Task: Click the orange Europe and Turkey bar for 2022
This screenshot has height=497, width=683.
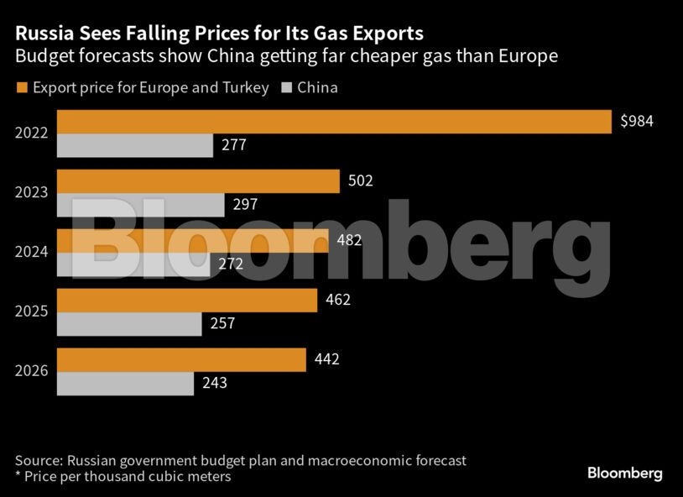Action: [334, 122]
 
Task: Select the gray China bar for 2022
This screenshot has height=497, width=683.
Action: [135, 145]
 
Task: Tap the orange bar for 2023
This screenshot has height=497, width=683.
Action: [198, 181]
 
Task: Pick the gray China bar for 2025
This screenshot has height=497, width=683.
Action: [129, 324]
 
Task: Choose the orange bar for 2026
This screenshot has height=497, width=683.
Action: [181, 360]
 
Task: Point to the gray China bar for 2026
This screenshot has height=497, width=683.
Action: [126, 385]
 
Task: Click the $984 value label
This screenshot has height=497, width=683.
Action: [637, 121]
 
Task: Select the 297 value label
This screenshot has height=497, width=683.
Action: [245, 205]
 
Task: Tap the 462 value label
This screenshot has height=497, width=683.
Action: [338, 300]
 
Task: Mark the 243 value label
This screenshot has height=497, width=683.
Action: [215, 383]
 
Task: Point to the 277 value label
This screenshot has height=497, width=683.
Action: [234, 144]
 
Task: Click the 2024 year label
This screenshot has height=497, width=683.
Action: [31, 252]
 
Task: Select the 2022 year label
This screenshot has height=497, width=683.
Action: [31, 133]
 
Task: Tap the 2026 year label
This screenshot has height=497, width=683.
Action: [31, 371]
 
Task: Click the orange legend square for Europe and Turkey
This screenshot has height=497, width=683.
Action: [22, 87]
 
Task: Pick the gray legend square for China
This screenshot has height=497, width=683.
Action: [286, 87]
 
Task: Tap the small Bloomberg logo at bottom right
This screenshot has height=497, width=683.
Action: [625, 473]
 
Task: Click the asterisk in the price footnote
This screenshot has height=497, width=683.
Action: [18, 473]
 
